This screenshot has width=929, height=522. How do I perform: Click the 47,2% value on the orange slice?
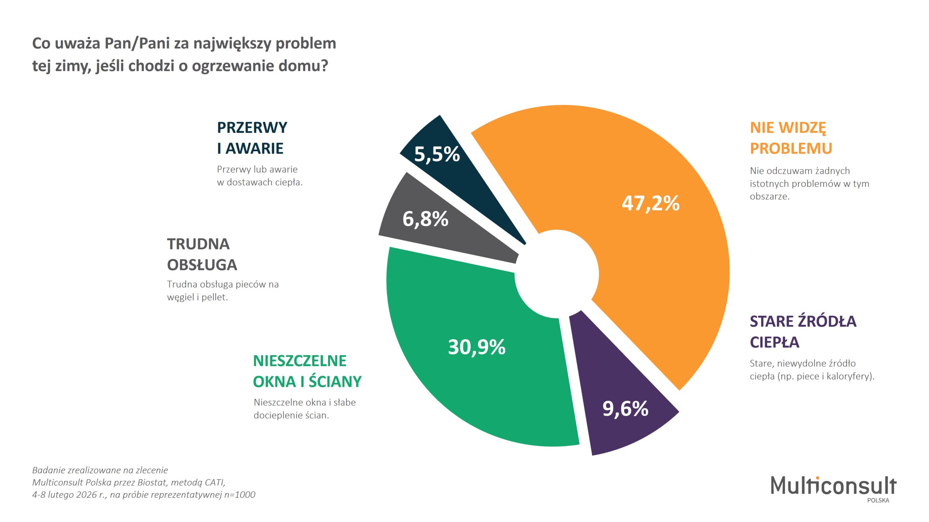pos(650,203)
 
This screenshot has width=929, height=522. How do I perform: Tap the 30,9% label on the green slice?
pos(476,347)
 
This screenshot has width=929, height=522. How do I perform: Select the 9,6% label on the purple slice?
pos(625,409)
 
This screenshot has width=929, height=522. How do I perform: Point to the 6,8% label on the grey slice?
pos(425,219)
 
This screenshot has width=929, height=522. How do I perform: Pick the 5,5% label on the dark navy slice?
pos(437,154)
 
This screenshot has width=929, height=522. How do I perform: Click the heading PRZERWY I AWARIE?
pos(252,138)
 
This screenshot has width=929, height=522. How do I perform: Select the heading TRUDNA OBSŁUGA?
pos(202,254)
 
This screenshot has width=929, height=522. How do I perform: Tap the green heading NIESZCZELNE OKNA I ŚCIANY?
pos(307,371)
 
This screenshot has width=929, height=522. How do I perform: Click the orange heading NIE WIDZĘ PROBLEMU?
pos(791,138)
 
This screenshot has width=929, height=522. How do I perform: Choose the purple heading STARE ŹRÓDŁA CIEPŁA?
pos(803,332)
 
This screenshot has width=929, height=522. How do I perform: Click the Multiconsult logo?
pos(833,486)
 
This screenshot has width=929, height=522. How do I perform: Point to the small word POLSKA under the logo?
pos(878,500)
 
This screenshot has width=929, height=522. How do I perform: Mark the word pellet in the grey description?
pos(214,297)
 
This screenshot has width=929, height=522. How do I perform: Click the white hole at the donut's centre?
pos(556,274)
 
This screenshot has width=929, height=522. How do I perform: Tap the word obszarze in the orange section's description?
pos(769,196)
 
